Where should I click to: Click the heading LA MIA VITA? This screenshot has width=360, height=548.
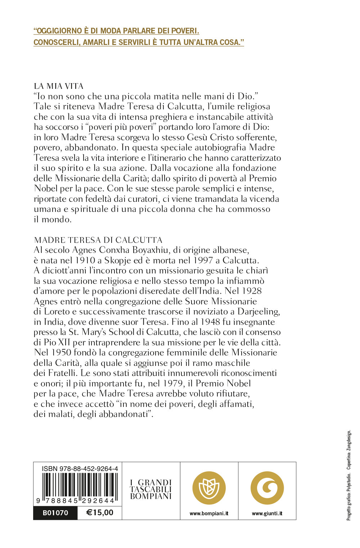pyautogui.click(x=59, y=86)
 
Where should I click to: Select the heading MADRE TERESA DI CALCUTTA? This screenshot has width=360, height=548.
pyautogui.click(x=98, y=240)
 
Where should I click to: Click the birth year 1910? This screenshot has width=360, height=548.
pyautogui.click(x=85, y=260)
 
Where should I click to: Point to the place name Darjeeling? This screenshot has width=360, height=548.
pyautogui.click(x=258, y=312)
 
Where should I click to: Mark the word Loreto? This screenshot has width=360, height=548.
pyautogui.click(x=57, y=312)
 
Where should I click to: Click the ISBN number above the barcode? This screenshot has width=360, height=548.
pyautogui.click(x=80, y=468)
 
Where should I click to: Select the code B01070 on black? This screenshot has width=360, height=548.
pyautogui.click(x=55, y=513)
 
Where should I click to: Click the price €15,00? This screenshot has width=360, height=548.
pyautogui.click(x=100, y=512)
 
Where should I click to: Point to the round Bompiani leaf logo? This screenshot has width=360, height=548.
pyautogui.click(x=209, y=488)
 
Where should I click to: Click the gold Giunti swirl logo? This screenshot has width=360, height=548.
pyautogui.click(x=267, y=488)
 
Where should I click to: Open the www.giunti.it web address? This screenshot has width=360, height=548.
pyautogui.click(x=267, y=513)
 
